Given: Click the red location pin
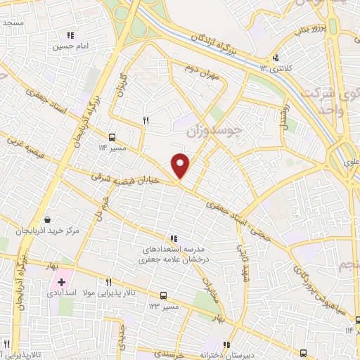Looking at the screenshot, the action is coord(181,165).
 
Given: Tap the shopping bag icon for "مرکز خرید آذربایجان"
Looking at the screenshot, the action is coord(47,220).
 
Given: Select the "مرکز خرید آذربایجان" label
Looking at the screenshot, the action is coord(47,231).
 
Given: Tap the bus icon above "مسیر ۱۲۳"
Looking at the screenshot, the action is coord(163,295).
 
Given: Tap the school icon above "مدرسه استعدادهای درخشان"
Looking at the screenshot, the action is coord(173,238).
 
